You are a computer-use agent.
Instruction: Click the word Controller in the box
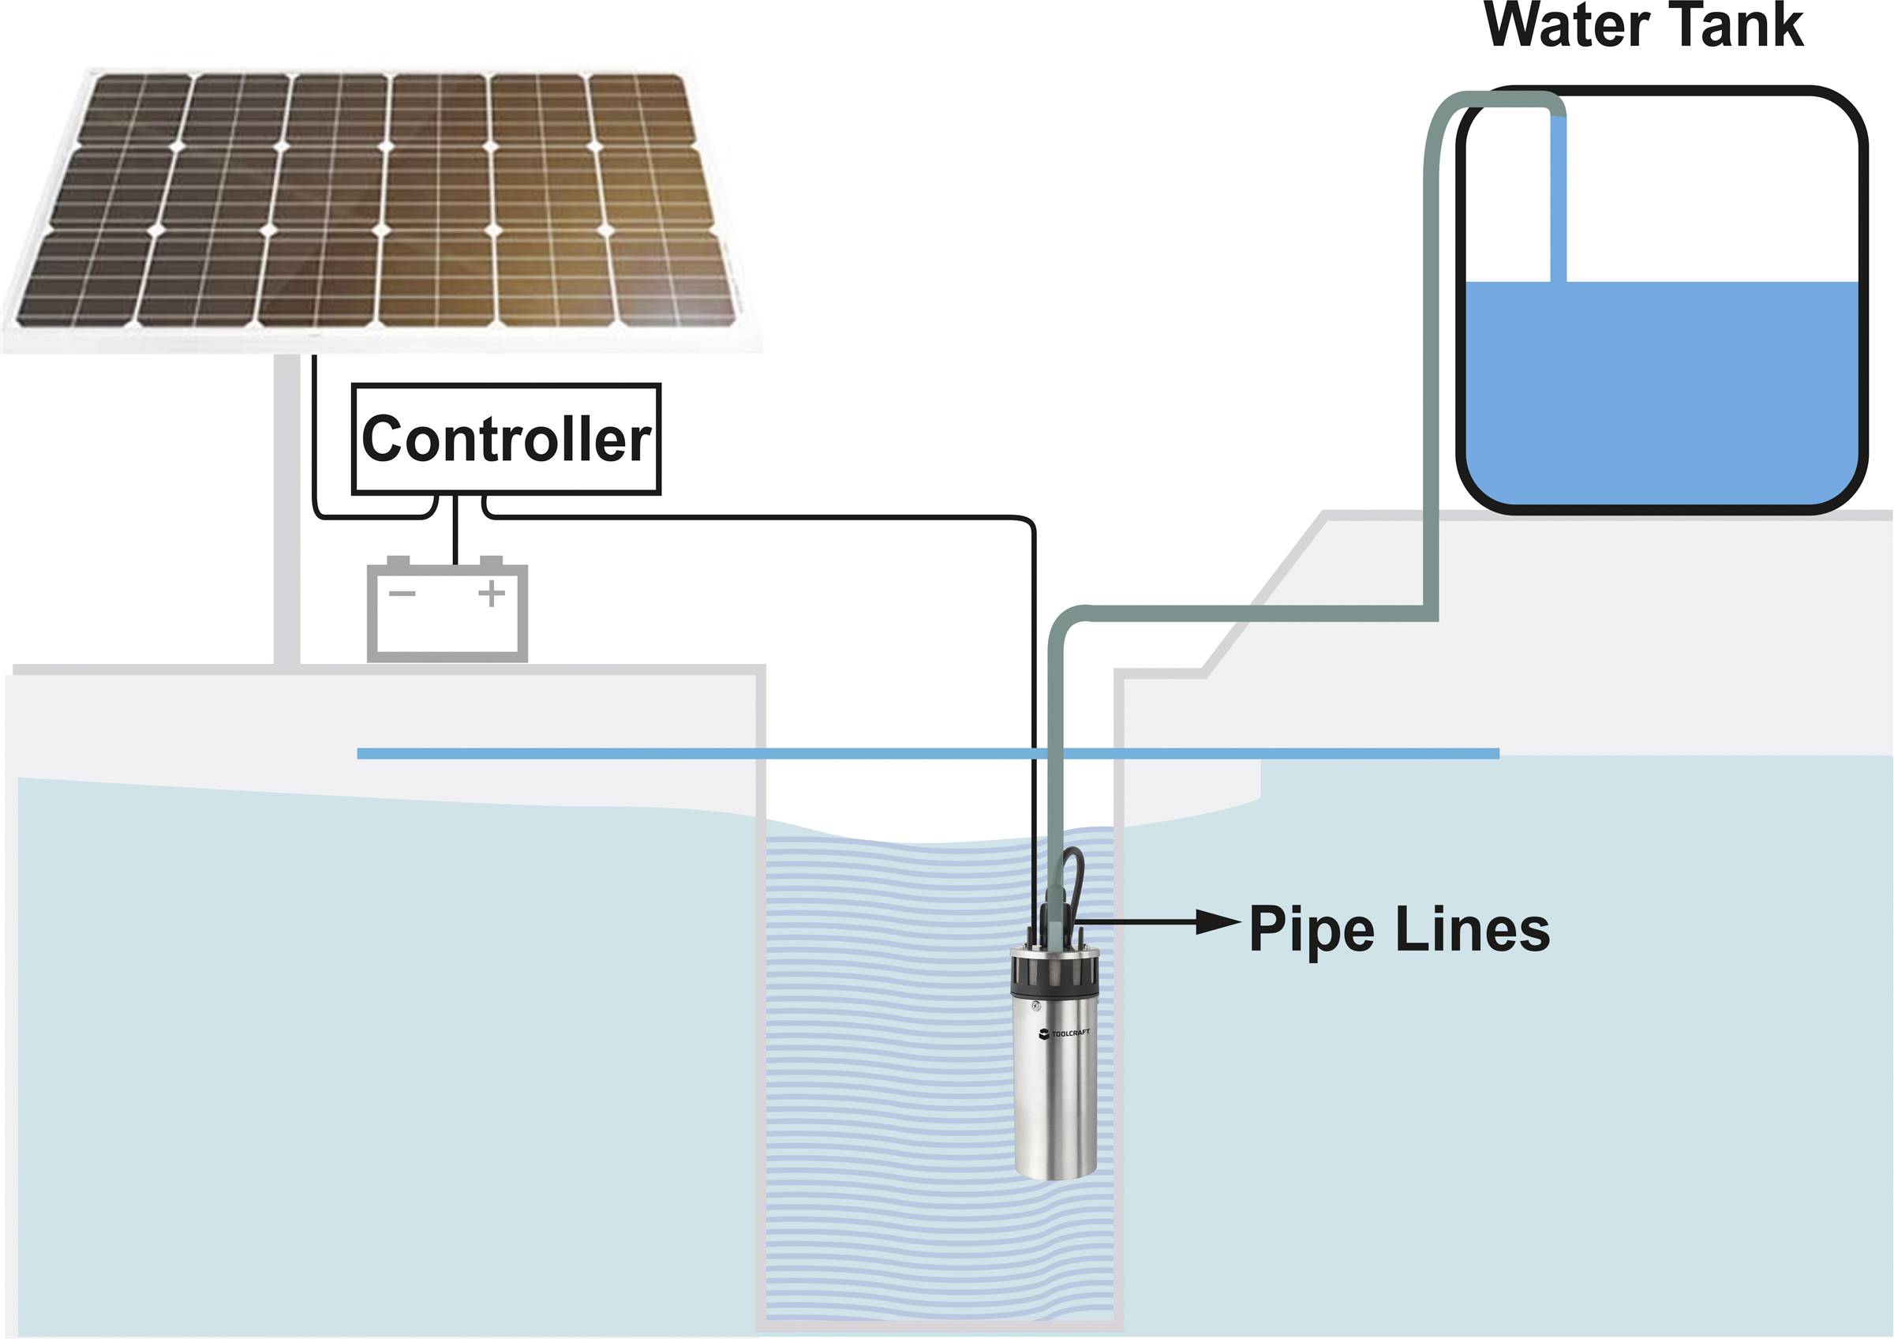(x=506, y=440)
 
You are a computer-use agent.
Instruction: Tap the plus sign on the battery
(x=492, y=593)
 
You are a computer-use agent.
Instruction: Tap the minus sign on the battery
(x=402, y=593)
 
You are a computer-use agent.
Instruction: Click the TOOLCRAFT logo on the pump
(x=1064, y=1033)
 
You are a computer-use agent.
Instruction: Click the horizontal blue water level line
(x=660, y=753)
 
